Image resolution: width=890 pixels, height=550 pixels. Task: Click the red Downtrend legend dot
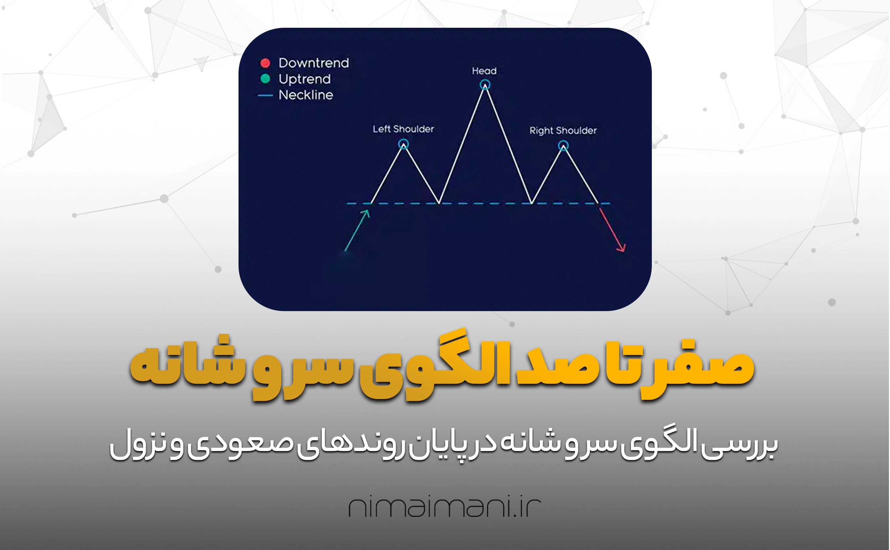(x=265, y=63)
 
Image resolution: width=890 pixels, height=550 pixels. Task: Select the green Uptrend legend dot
(x=265, y=79)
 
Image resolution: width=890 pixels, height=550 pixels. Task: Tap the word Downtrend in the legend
(x=314, y=63)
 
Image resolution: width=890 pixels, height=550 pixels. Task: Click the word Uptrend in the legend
(x=304, y=79)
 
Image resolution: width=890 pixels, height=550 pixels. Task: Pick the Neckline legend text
(x=305, y=95)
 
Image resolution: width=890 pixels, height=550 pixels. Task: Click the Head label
(x=484, y=71)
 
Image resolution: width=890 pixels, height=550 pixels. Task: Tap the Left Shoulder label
(x=403, y=129)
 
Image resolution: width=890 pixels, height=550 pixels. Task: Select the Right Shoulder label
(x=563, y=131)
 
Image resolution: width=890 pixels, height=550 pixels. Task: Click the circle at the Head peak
(x=485, y=80)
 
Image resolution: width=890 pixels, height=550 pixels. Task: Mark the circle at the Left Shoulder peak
(x=403, y=140)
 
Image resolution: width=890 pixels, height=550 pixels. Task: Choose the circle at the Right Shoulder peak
(x=564, y=141)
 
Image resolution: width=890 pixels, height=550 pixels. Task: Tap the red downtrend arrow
(x=612, y=228)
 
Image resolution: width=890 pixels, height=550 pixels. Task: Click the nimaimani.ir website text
(x=445, y=507)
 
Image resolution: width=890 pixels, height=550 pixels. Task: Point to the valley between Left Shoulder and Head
(x=439, y=203)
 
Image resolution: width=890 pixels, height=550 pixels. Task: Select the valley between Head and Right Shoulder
(x=532, y=203)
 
